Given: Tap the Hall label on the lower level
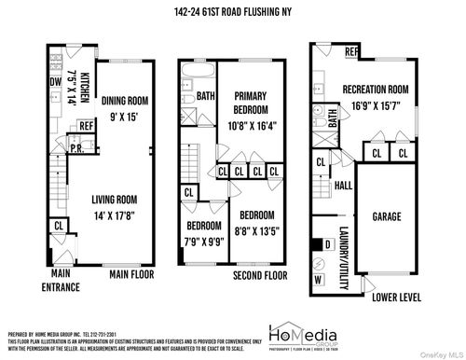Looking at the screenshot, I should point(343,186).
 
